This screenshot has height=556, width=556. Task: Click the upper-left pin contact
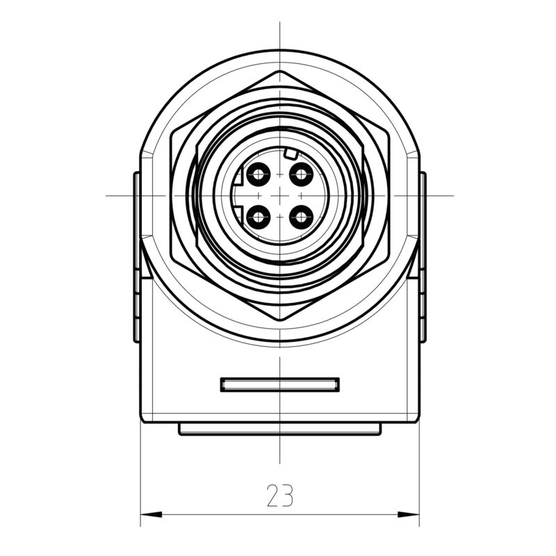tap(259, 173)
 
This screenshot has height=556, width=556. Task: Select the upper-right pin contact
tap(300, 173)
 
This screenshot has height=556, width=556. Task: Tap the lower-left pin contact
tap(259, 218)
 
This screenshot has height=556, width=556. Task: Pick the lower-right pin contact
tap(300, 218)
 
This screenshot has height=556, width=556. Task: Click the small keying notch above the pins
tap(291, 154)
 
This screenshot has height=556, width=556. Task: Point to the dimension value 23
tap(279, 495)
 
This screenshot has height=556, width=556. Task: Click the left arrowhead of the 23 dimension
tap(150, 514)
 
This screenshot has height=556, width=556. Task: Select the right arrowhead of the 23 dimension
tap(410, 514)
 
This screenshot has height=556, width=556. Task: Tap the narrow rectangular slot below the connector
tap(279, 384)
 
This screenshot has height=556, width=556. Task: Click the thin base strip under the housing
tap(279, 430)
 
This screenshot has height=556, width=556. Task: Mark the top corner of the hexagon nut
tap(279, 71)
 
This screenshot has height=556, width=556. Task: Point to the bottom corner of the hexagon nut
tap(279, 320)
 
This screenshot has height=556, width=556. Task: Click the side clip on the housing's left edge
tap(137, 257)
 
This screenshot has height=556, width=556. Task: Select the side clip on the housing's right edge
tap(423, 257)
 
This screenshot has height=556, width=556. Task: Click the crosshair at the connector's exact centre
tap(279, 195)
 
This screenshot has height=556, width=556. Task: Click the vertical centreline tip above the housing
tap(279, 23)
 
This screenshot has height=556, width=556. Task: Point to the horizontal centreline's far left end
tap(106, 195)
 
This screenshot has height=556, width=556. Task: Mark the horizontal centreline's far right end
tap(453, 195)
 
